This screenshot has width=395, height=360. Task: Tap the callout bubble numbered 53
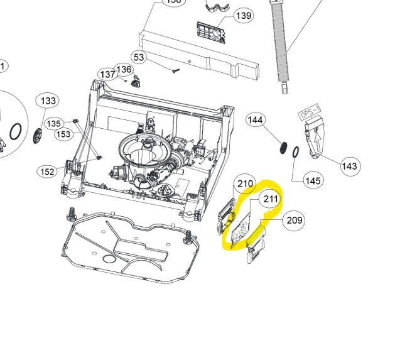138,58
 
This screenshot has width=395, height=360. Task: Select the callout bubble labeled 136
124,69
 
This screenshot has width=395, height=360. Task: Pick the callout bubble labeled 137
108,74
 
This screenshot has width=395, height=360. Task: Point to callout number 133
48,101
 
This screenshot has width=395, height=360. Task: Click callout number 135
54,124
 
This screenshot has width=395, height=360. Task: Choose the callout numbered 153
63,134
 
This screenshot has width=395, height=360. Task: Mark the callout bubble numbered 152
47,172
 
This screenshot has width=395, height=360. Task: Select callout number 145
312,181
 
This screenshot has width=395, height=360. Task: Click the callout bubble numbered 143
350,166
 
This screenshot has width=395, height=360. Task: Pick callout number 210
244,184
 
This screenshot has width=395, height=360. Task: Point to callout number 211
270,200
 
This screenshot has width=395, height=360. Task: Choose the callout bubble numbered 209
295,220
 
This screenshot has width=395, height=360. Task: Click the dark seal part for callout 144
284,148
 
